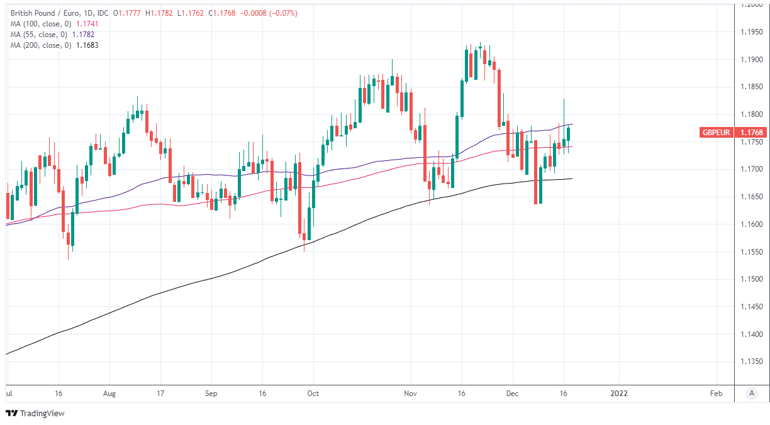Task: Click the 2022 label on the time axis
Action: click(x=619, y=394)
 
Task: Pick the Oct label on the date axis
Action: click(x=313, y=394)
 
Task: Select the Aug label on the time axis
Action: click(x=109, y=394)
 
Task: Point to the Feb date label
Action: click(x=716, y=394)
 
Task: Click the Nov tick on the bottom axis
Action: click(x=410, y=394)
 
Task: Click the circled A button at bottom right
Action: click(x=751, y=394)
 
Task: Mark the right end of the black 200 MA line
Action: click(x=572, y=179)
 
